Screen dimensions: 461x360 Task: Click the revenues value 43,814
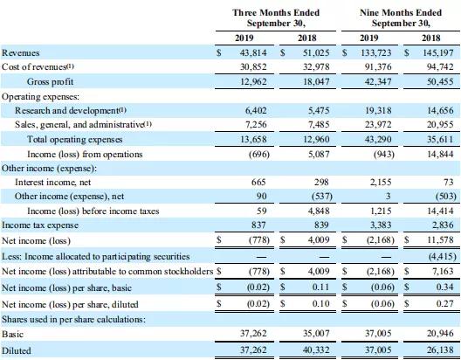[253, 52]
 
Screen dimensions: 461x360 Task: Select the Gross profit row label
[50, 81]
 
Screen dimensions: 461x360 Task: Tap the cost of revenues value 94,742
[440, 66]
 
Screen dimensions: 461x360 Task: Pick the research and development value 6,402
[256, 110]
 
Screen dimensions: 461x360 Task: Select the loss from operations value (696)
[259, 154]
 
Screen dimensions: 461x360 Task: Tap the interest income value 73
[449, 183]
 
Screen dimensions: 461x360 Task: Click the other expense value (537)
[322, 197]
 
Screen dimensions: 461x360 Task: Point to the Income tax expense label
[40, 225]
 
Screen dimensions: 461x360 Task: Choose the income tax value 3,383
[381, 225]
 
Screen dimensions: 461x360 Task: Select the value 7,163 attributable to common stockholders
[443, 271]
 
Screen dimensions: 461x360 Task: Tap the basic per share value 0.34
[444, 287]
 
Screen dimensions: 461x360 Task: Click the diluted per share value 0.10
[320, 303]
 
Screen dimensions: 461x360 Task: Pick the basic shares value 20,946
[440, 334]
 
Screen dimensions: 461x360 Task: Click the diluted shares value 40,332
[316, 350]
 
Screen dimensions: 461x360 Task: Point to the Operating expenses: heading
[40, 96]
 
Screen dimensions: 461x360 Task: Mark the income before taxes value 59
[261, 211]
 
